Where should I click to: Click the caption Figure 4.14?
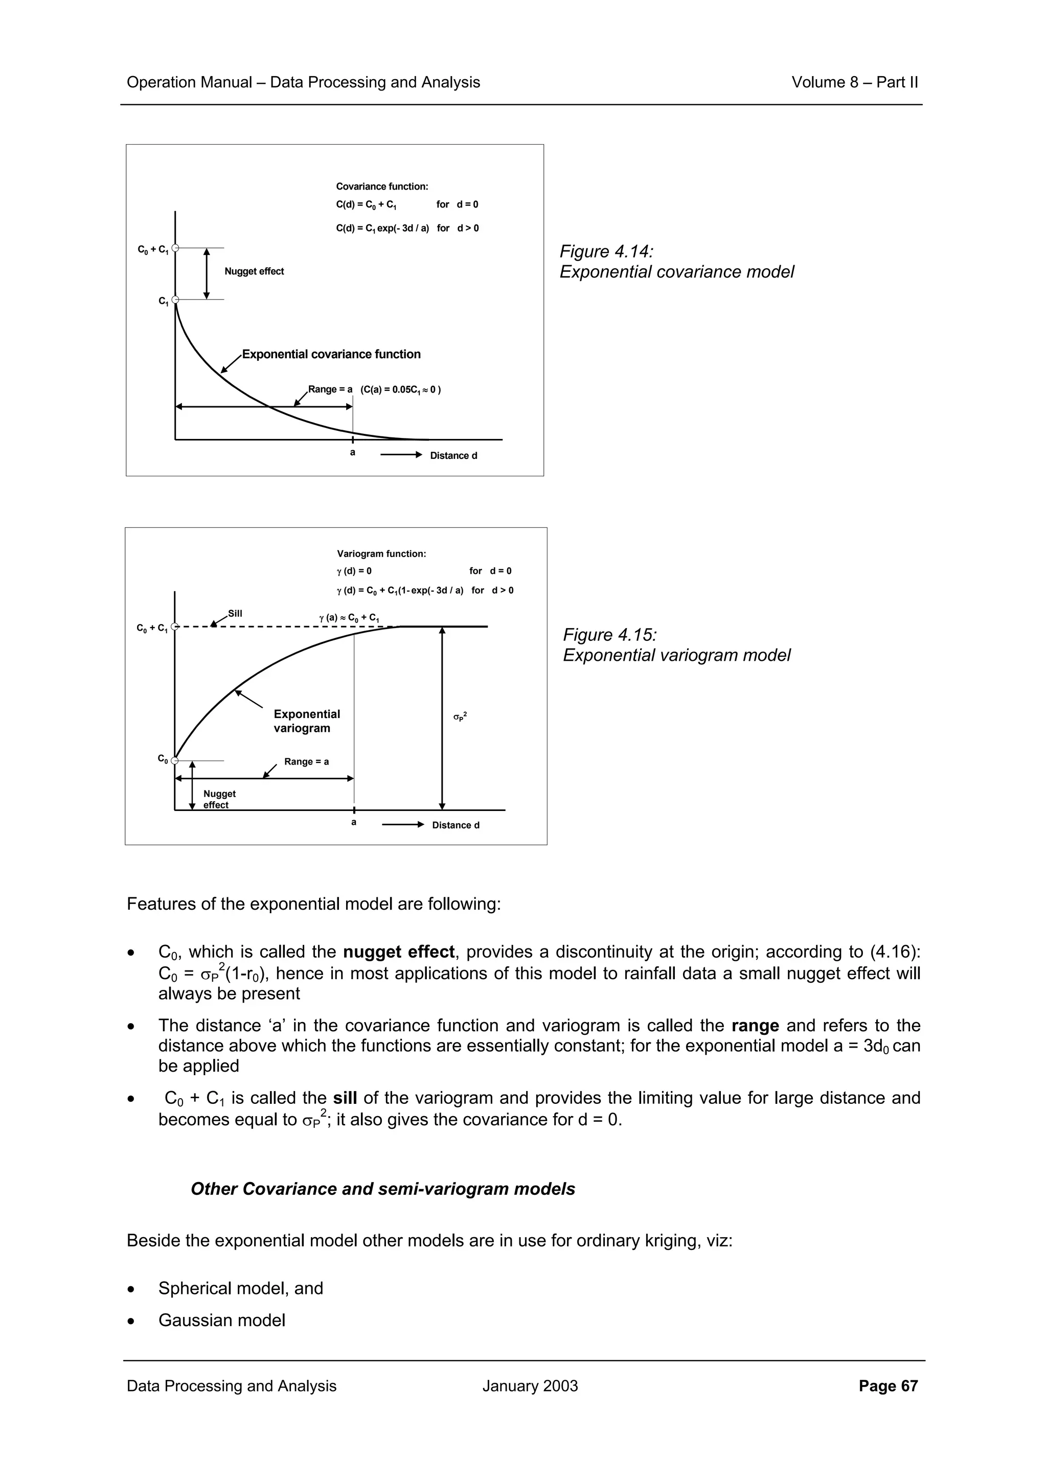(x=606, y=251)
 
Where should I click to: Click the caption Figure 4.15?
(x=609, y=635)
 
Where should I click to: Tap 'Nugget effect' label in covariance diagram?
(x=254, y=271)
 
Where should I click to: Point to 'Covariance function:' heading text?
(x=382, y=187)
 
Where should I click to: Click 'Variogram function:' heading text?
(x=381, y=553)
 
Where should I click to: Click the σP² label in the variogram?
(x=460, y=716)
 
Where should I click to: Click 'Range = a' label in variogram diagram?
(x=306, y=762)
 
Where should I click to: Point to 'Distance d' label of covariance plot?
(x=453, y=455)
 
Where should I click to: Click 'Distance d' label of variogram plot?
(x=456, y=825)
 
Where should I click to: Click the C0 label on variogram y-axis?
(x=163, y=759)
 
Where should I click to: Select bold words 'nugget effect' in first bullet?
(x=399, y=952)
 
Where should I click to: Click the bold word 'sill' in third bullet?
(x=345, y=1098)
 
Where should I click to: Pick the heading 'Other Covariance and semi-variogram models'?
(x=382, y=1189)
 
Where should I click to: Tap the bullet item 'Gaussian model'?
(x=221, y=1321)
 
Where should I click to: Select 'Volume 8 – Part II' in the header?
(x=854, y=82)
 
